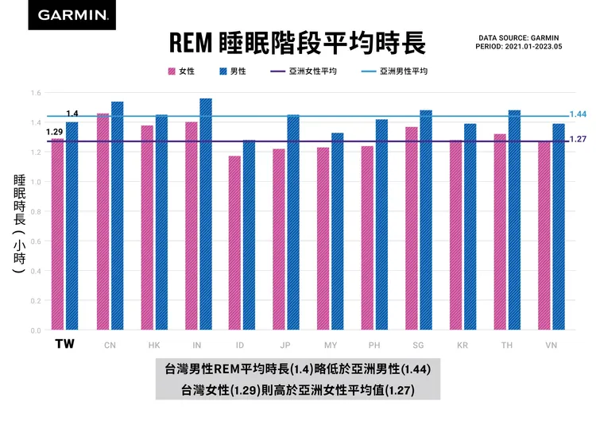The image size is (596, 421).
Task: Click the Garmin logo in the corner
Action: point(72,15)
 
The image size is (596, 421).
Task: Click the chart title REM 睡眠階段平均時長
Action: point(298,42)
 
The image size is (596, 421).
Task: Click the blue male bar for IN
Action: point(206,214)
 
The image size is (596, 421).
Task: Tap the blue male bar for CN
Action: point(117,216)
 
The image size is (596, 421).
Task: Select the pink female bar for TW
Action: point(57,234)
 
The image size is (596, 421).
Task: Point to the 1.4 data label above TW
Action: point(72,114)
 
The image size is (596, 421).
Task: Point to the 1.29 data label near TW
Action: point(54,132)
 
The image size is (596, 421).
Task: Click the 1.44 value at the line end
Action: point(578,115)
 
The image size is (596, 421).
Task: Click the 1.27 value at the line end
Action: point(578,140)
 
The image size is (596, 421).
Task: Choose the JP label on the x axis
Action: point(285,346)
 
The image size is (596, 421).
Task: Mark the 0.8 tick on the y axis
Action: point(37,211)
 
